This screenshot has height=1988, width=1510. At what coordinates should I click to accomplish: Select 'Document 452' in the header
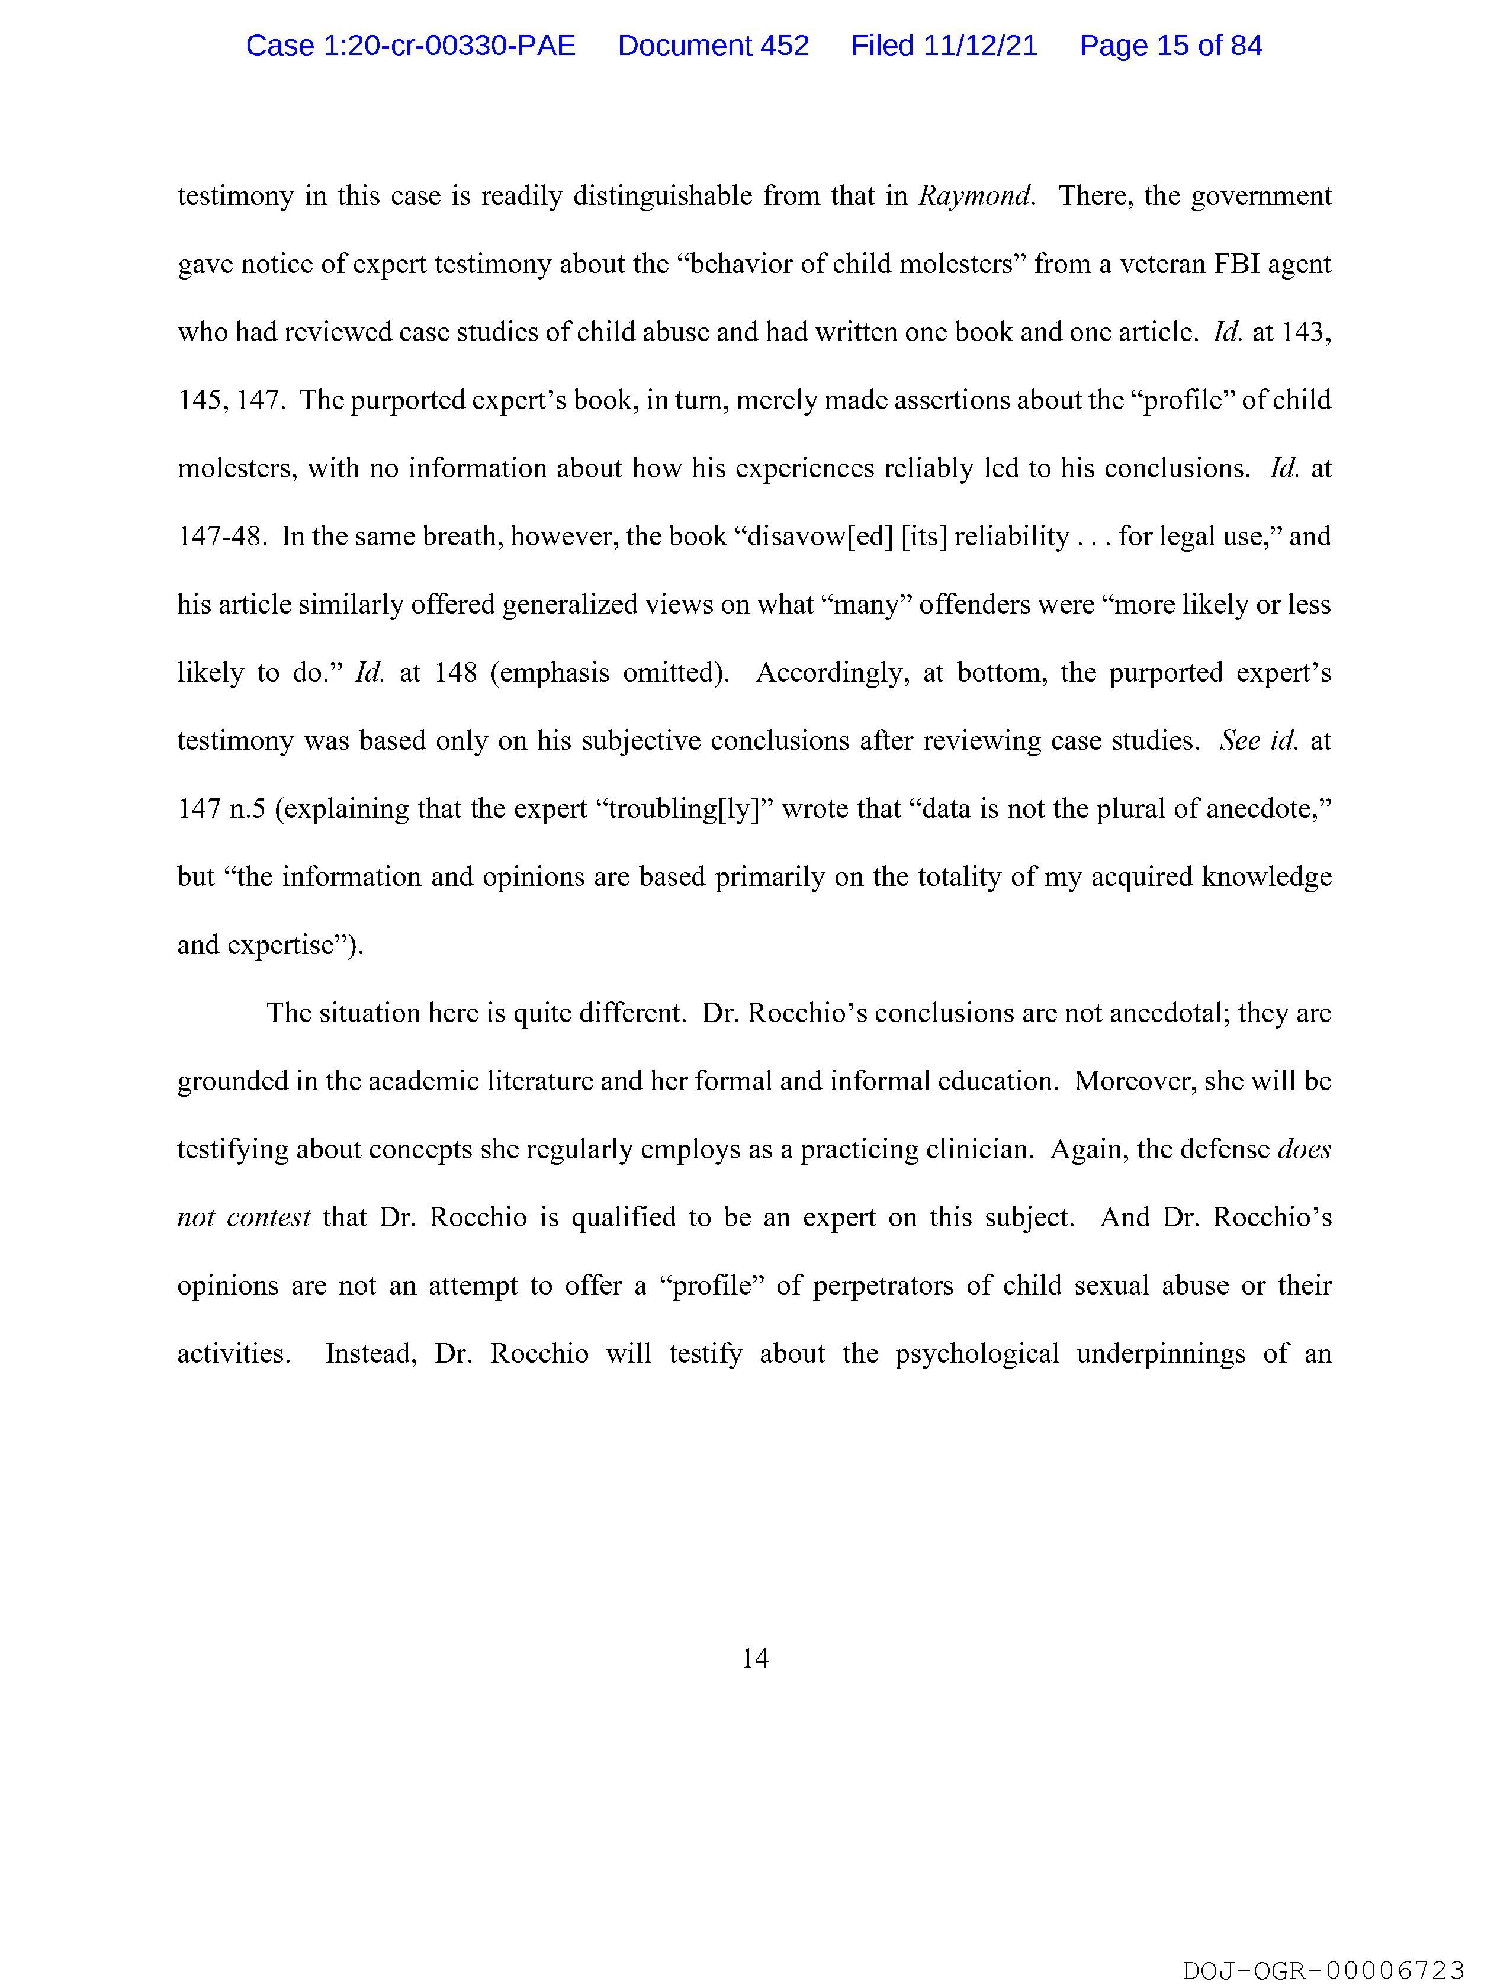coord(713,46)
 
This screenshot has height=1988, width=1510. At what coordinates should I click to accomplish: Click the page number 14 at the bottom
coord(755,1658)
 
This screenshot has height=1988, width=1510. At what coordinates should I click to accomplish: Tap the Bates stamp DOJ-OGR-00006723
coord(1323,1971)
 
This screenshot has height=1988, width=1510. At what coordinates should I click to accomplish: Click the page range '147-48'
coord(221,537)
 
